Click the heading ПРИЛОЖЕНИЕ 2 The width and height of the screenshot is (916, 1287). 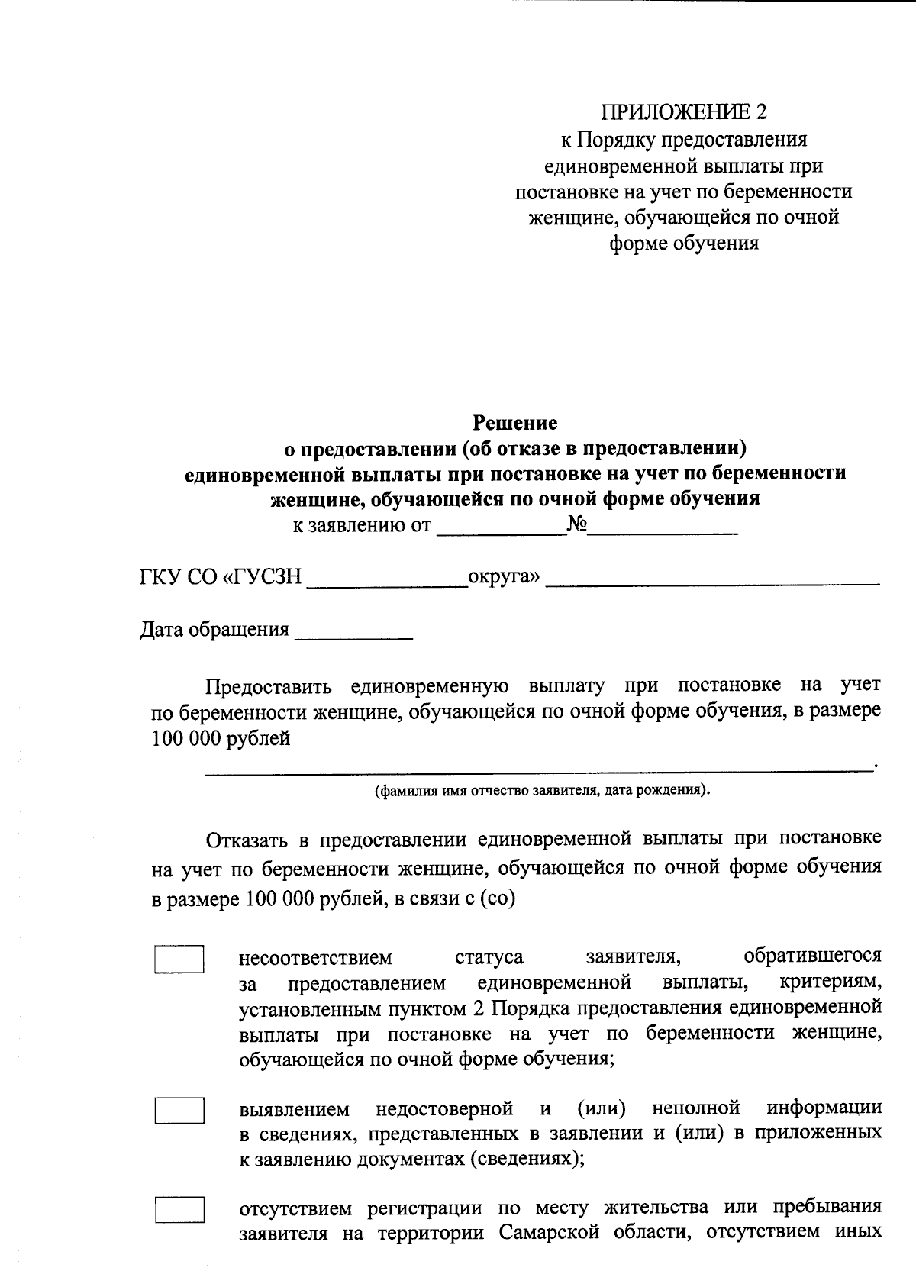[x=684, y=112]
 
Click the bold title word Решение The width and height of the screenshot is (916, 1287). [x=515, y=422]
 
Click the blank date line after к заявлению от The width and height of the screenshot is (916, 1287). [x=501, y=531]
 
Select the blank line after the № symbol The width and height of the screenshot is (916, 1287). [x=663, y=531]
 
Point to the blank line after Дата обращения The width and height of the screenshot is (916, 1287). [x=353, y=636]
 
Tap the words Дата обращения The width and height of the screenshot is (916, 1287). [x=214, y=629]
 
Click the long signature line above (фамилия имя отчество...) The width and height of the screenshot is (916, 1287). [x=537, y=770]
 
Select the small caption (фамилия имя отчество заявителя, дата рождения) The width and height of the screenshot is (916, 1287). [x=542, y=790]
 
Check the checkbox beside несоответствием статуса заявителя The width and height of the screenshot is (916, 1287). [x=179, y=959]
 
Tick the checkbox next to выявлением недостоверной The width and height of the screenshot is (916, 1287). [x=179, y=1110]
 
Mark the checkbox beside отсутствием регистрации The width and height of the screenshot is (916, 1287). [x=179, y=1211]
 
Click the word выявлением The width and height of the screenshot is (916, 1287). [x=294, y=1108]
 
